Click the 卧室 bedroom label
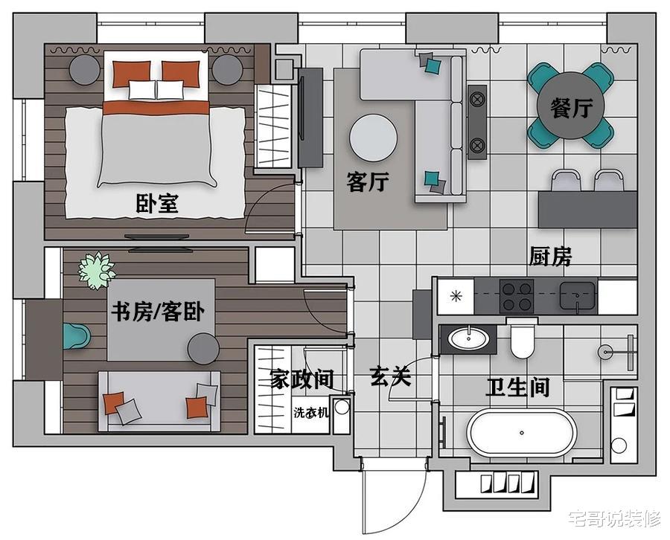(157, 203)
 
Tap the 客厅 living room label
(368, 181)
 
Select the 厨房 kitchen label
(550, 256)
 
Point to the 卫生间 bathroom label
(517, 388)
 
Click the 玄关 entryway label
(391, 376)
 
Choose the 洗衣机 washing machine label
(311, 412)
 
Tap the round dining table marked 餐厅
(571, 106)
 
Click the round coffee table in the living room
(374, 138)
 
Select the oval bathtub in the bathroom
(521, 432)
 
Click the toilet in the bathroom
(522, 339)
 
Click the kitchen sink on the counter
(578, 295)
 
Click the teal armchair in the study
(77, 336)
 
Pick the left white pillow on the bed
(142, 90)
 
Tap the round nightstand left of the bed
(85, 70)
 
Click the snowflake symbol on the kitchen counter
(456, 296)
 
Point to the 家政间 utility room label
(301, 379)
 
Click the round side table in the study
(203, 348)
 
